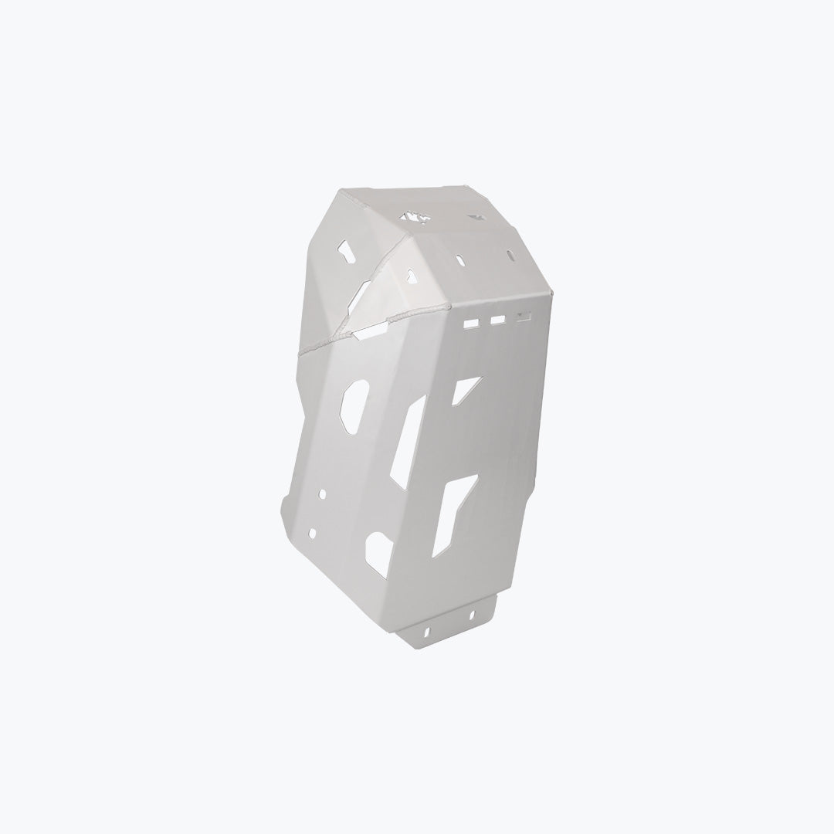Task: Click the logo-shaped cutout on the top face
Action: coord(415,219)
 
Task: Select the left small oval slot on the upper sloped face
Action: coord(460,260)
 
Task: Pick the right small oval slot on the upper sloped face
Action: coord(510,256)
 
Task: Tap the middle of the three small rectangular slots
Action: coord(498,319)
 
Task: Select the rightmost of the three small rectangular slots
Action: coord(525,315)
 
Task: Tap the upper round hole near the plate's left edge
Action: coord(323,493)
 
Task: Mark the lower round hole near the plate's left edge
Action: coord(312,534)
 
